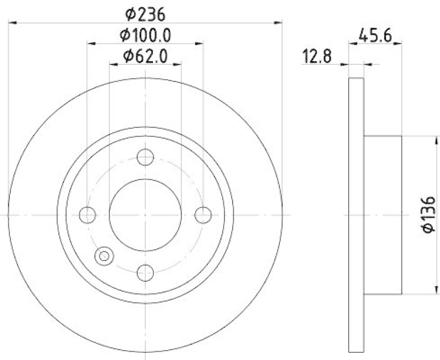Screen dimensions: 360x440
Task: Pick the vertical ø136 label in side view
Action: click(x=430, y=214)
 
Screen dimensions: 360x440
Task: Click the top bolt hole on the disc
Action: click(x=145, y=157)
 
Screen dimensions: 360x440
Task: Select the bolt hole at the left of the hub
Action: click(x=88, y=215)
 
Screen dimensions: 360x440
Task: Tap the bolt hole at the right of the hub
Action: click(x=204, y=215)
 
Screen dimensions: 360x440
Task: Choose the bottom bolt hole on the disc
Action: click(x=145, y=271)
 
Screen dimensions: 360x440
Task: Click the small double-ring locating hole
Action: click(x=103, y=255)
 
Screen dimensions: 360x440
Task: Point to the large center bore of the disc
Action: click(x=145, y=215)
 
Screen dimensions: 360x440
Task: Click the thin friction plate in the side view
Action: click(x=356, y=214)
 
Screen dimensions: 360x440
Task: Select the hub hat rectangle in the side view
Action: click(x=383, y=214)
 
